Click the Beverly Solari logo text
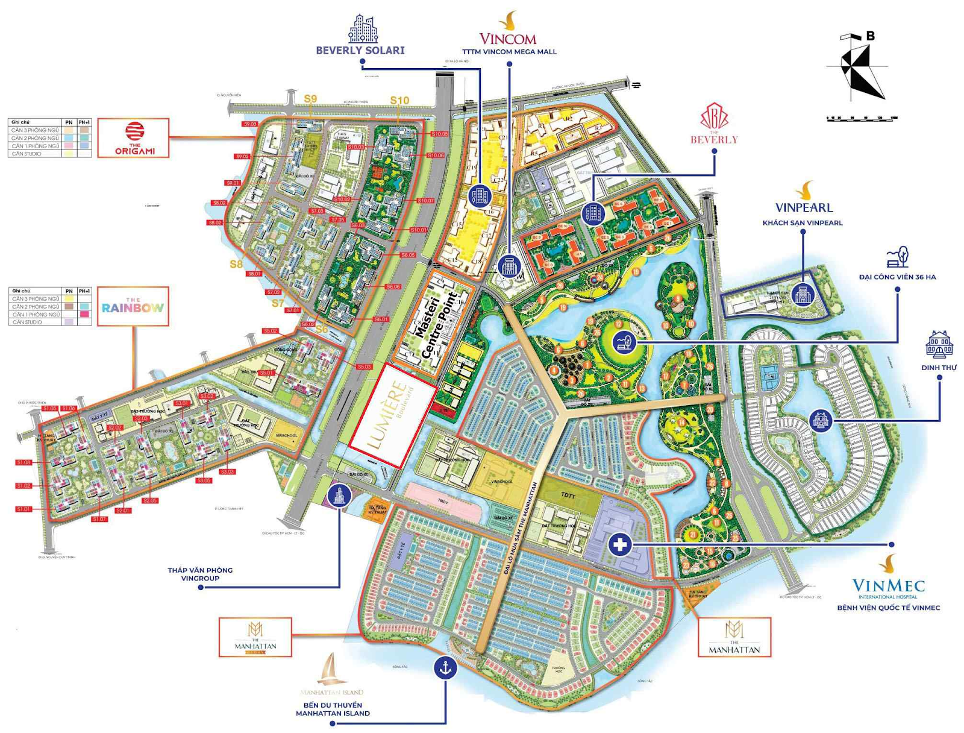pos(360,51)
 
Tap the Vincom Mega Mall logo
pos(508,34)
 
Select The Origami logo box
pos(134,138)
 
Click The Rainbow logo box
pos(133,307)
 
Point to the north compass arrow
pos(857,66)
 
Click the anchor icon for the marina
pos(445,668)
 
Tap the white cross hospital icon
pos(619,545)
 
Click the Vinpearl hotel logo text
pos(803,207)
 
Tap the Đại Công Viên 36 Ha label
pos(897,277)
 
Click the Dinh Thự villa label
pos(939,368)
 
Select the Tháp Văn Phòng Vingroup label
pos(200,574)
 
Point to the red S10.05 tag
pos(439,134)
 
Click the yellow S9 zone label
pos(310,99)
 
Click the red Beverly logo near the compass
pos(714,124)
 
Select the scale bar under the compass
pos(862,118)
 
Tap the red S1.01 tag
pos(23,509)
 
